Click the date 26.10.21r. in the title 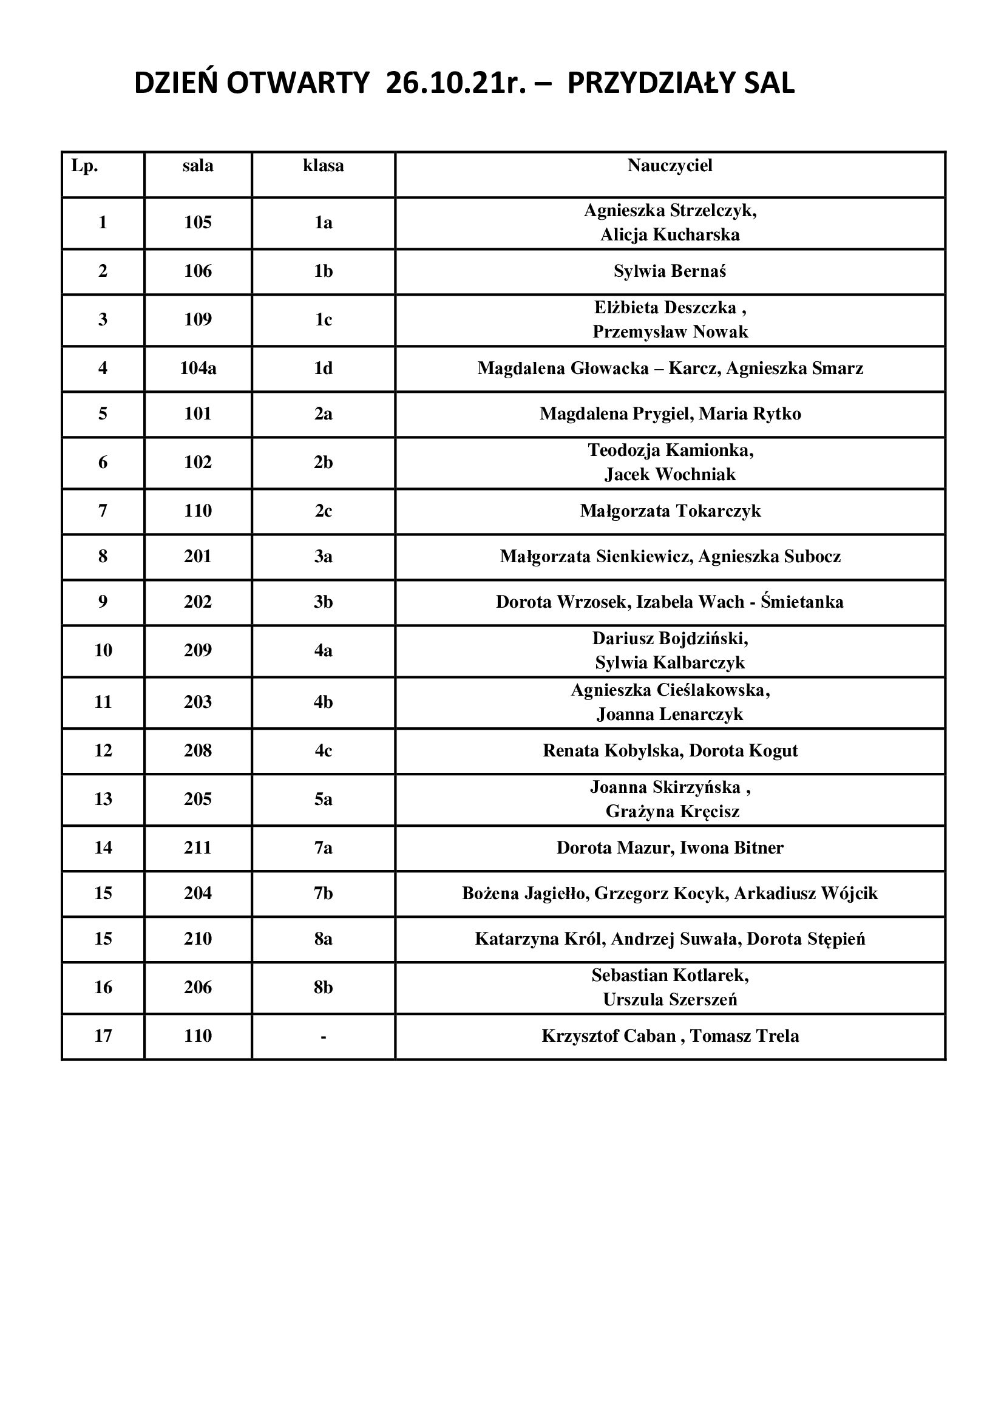coord(456,84)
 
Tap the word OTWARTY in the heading coord(298,84)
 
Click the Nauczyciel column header coord(670,166)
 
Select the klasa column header coord(324,166)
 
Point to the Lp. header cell coord(85,166)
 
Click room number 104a coord(198,369)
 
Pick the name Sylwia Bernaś coord(670,271)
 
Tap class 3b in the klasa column coord(324,602)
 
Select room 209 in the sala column coord(198,651)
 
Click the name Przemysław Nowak coord(670,332)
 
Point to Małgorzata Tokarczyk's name coord(670,511)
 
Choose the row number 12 coord(103,751)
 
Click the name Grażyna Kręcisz coord(672,812)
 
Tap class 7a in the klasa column coord(324,848)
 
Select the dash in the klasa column coord(324,1036)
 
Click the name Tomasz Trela coord(744,1036)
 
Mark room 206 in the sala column coord(198,988)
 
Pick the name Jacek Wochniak coord(670,475)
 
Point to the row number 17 coord(103,1036)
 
